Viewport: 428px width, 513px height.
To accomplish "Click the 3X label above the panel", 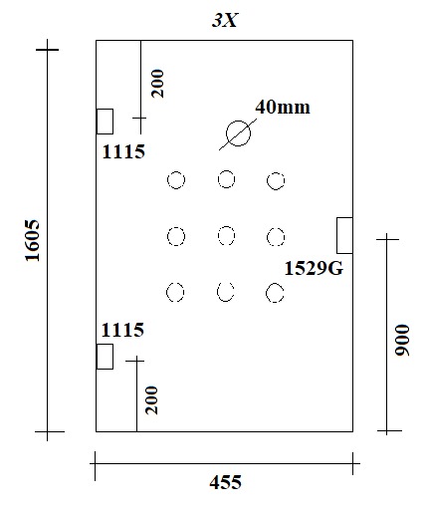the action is coord(225,21).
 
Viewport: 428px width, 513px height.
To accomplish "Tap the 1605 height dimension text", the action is coord(33,240).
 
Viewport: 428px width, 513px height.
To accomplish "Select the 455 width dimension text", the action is coord(225,482).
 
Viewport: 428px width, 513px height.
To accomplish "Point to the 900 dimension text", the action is coord(402,341).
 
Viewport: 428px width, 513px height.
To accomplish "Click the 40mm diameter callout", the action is coord(283,108).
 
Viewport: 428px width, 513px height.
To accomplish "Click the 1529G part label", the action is coord(314,268).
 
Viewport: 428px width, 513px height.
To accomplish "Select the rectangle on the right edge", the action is coord(344,235).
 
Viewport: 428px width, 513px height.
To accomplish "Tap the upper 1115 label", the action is coord(123,151).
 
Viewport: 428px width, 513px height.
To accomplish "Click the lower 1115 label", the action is coord(122,330).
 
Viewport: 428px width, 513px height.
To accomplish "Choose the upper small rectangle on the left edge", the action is coord(105,122).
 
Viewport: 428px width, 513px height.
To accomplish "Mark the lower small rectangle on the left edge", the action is coord(105,357).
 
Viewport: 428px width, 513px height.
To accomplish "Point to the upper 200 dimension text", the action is coord(157,84).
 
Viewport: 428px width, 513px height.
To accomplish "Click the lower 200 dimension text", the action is coord(152,400).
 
